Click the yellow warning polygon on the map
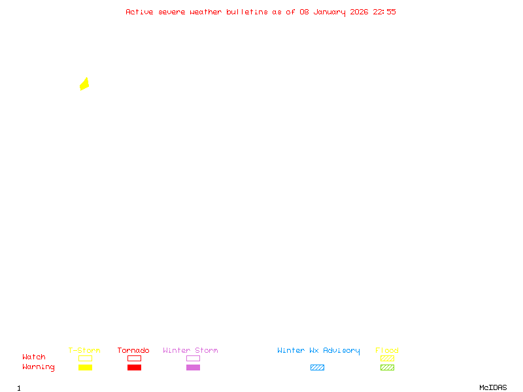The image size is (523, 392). click(x=84, y=84)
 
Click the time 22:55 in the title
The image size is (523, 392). click(x=384, y=12)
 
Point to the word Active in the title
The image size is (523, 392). click(x=139, y=12)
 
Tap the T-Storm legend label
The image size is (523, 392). click(x=84, y=351)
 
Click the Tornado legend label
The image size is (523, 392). click(x=133, y=351)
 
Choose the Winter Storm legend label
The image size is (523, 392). click(x=190, y=351)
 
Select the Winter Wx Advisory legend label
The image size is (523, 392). click(x=318, y=351)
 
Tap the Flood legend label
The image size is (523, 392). click(x=387, y=351)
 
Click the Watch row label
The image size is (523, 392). click(x=34, y=357)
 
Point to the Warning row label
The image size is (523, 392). click(x=39, y=367)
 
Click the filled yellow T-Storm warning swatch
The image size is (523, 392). click(x=85, y=368)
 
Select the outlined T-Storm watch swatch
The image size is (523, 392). click(x=85, y=359)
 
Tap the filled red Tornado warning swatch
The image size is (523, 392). click(x=134, y=368)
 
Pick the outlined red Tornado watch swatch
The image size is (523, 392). click(x=134, y=359)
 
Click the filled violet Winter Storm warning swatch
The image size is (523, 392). click(x=193, y=368)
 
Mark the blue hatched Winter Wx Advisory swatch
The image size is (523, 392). click(x=317, y=368)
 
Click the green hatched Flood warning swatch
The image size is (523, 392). click(x=387, y=368)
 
